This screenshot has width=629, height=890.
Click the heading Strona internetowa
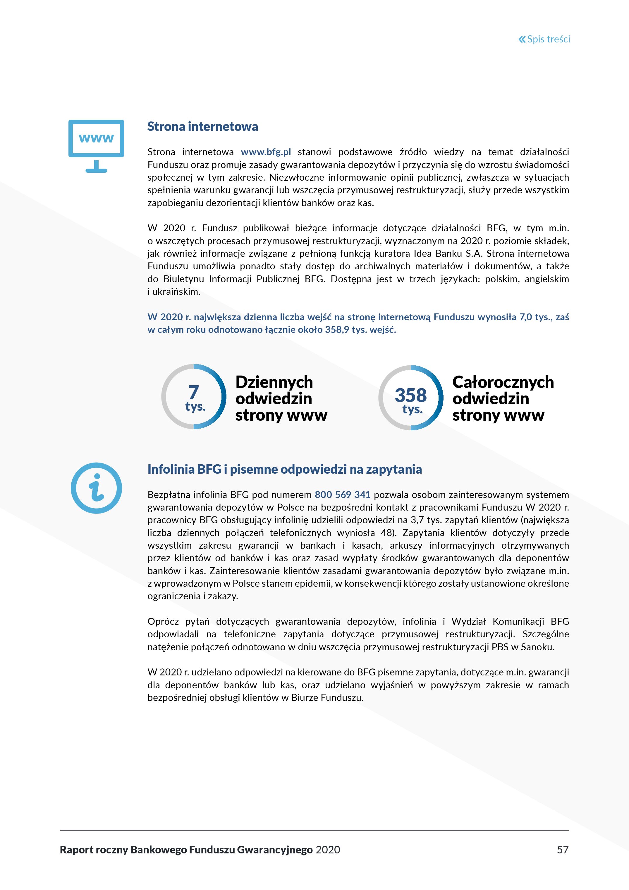[202, 127]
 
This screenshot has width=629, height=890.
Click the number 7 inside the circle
[194, 392]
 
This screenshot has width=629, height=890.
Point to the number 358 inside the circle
[410, 396]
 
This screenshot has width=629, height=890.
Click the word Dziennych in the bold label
[274, 382]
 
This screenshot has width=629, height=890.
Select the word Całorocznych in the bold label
[503, 382]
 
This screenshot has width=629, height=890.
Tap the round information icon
[96, 488]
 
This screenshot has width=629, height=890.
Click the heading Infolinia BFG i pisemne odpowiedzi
[284, 469]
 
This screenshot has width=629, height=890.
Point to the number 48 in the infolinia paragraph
[386, 533]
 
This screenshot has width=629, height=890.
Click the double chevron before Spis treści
[522, 39]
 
